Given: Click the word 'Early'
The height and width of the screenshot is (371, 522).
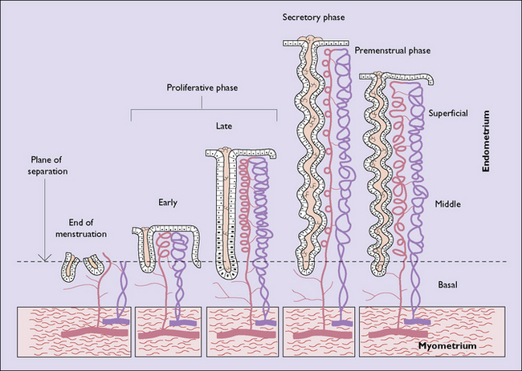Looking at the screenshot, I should (167, 203).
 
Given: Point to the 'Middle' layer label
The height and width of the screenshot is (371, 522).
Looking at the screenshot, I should (447, 204).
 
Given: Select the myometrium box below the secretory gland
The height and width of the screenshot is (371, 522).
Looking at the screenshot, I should (318, 330).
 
